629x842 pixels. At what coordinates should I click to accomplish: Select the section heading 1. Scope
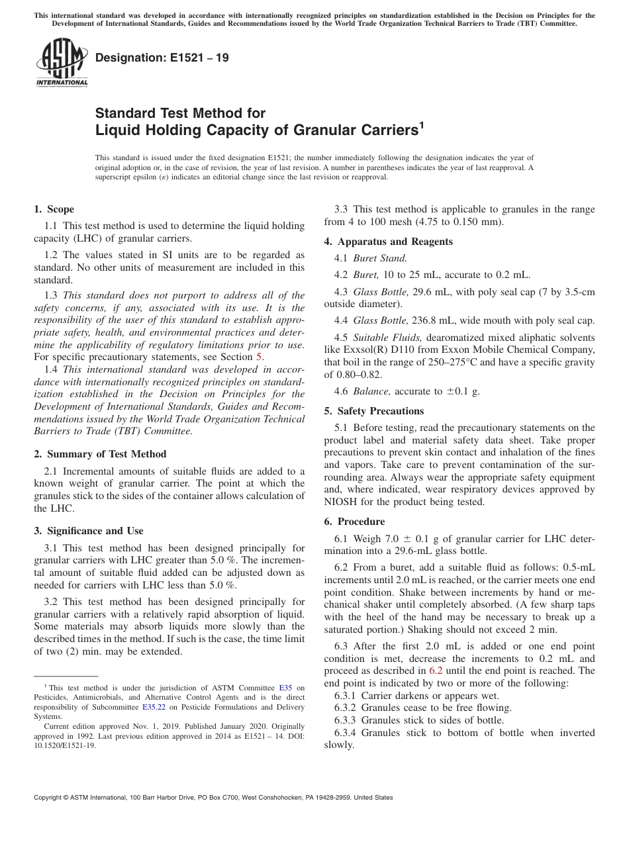[54, 209]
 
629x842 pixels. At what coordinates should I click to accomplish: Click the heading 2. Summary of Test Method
[100, 454]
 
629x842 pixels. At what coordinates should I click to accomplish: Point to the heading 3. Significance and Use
[88, 531]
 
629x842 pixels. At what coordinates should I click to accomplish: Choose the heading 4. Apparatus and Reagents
[388, 242]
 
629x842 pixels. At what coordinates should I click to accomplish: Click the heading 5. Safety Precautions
[373, 411]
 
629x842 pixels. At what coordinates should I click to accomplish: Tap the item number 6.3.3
[345, 720]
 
